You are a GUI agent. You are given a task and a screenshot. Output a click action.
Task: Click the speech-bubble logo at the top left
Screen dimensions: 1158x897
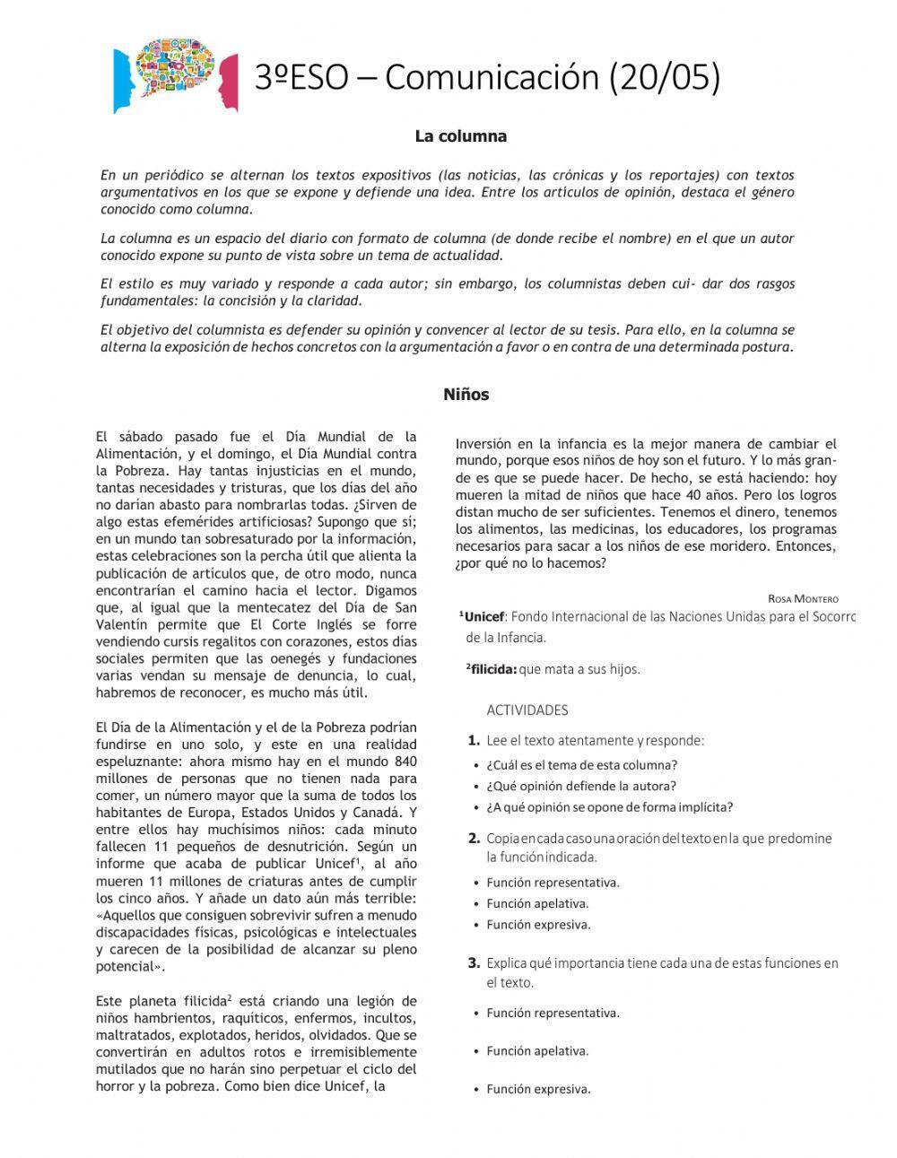point(177,75)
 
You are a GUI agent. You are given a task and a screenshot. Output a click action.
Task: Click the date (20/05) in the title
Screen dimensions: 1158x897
point(665,77)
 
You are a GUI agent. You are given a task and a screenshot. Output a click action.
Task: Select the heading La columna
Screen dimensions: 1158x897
point(460,136)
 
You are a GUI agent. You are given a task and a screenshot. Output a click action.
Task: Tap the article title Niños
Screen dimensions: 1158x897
point(466,395)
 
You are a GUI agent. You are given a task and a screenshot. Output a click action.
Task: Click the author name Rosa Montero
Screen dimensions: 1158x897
point(803,598)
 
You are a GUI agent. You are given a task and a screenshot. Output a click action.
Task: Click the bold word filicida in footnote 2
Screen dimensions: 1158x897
point(493,669)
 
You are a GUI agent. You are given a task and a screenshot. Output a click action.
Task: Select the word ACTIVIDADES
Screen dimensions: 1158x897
point(527,710)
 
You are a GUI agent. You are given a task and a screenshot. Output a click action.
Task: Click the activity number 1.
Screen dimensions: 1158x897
point(474,741)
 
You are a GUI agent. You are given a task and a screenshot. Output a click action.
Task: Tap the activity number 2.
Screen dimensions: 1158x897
point(474,839)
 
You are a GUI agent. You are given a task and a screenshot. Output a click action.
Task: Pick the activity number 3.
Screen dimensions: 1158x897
point(474,963)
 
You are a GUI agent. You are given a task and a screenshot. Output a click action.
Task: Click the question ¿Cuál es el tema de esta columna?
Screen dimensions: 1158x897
point(581,765)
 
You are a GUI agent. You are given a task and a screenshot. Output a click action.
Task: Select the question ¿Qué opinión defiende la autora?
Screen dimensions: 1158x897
point(580,786)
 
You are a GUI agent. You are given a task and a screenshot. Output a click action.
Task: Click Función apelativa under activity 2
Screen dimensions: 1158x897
point(537,903)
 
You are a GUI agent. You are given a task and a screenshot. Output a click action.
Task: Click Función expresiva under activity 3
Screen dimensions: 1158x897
point(538,1090)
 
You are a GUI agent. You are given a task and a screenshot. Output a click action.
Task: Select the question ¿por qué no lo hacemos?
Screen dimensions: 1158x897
point(531,563)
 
